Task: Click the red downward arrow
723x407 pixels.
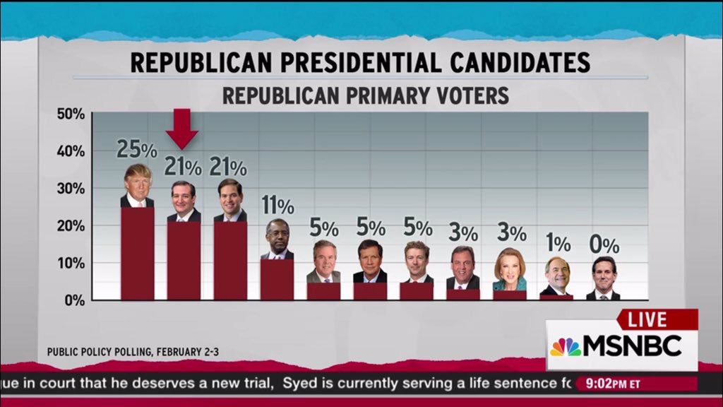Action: pyautogui.click(x=183, y=128)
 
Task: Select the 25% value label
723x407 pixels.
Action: pyautogui.click(x=137, y=149)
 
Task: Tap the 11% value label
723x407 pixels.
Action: pyautogui.click(x=277, y=206)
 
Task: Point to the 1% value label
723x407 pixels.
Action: pyautogui.click(x=558, y=243)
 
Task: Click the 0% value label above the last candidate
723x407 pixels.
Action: pyautogui.click(x=604, y=245)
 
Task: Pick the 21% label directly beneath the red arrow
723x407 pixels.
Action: pyautogui.click(x=183, y=167)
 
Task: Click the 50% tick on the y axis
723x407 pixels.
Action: pyautogui.click(x=71, y=114)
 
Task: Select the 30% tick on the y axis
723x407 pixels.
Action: pyautogui.click(x=71, y=189)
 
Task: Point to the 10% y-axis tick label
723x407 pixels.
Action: pyautogui.click(x=71, y=263)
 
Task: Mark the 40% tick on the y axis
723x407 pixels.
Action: pyautogui.click(x=71, y=151)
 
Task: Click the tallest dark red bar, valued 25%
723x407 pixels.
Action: pyautogui.click(x=137, y=253)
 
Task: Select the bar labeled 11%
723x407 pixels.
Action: pyautogui.click(x=277, y=279)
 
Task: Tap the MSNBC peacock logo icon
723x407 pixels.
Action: pyautogui.click(x=566, y=346)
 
